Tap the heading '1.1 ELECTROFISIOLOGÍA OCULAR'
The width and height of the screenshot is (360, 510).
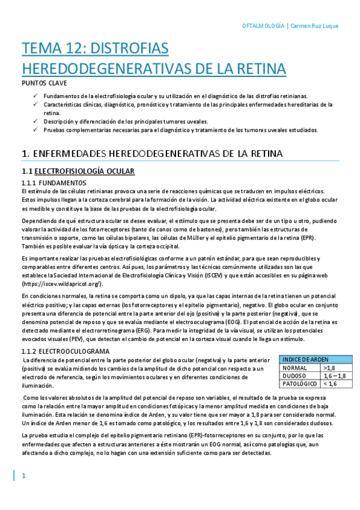tap(78, 171)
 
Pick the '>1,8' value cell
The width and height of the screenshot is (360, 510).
tap(329, 367)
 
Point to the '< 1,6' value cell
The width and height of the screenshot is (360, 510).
tap(330, 384)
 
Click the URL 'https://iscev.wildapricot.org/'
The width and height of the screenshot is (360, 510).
tap(61, 283)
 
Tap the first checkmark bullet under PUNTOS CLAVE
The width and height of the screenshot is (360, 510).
tap(37, 96)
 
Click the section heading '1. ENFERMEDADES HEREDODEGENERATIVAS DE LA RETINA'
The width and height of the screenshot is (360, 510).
tap(151, 155)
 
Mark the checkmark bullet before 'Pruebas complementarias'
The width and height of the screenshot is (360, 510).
tap(37, 129)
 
